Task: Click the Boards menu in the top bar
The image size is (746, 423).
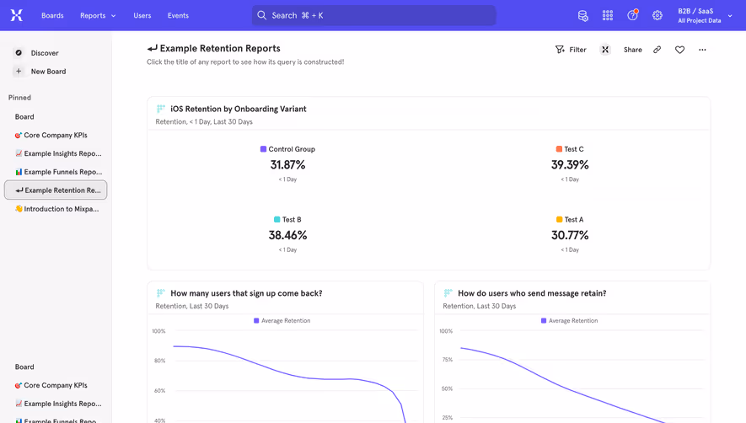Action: click(52, 15)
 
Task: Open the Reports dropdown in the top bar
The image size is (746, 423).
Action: click(98, 15)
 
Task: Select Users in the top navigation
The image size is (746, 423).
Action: click(142, 15)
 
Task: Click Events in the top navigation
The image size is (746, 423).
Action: click(178, 15)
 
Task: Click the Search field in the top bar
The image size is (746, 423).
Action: click(373, 15)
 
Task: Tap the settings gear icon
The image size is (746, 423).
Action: click(657, 15)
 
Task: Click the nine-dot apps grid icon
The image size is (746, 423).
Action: click(608, 15)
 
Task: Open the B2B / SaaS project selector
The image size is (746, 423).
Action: click(705, 15)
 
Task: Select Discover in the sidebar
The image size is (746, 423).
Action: click(44, 53)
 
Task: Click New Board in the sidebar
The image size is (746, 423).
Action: click(47, 72)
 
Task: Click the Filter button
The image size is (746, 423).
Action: click(571, 50)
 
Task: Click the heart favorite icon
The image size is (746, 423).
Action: click(679, 50)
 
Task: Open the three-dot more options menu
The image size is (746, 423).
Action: click(702, 50)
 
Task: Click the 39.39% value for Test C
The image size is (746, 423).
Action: click(570, 165)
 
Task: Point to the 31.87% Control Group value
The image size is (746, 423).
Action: click(287, 165)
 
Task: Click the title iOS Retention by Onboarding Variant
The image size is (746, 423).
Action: click(238, 109)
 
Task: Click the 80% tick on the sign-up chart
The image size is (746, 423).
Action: click(158, 361)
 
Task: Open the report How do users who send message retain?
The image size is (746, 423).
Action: click(532, 293)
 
